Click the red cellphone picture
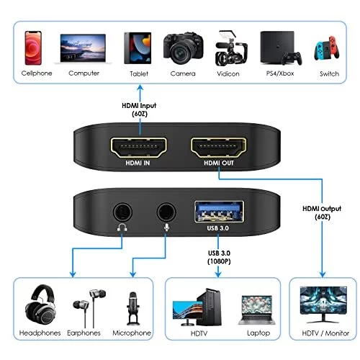coord(33,48)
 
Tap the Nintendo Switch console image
coord(327,48)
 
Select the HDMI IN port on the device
coord(138,148)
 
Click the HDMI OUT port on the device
coord(218,148)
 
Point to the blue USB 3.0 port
coord(219,212)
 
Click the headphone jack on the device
coord(122,212)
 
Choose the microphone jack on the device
coord(166,212)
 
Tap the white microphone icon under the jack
coord(167,228)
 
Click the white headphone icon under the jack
coord(122,228)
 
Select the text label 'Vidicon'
coord(228,73)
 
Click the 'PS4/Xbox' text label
coord(280,73)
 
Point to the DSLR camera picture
coord(184,49)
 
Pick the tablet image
coord(138,48)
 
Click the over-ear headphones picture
coord(40,305)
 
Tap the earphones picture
coord(89,308)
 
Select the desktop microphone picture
coord(132,308)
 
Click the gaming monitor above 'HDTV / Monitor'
coord(323,305)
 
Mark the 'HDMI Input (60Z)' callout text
coord(139,109)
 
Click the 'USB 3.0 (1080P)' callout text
coord(219,257)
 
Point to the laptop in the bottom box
coord(257,310)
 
